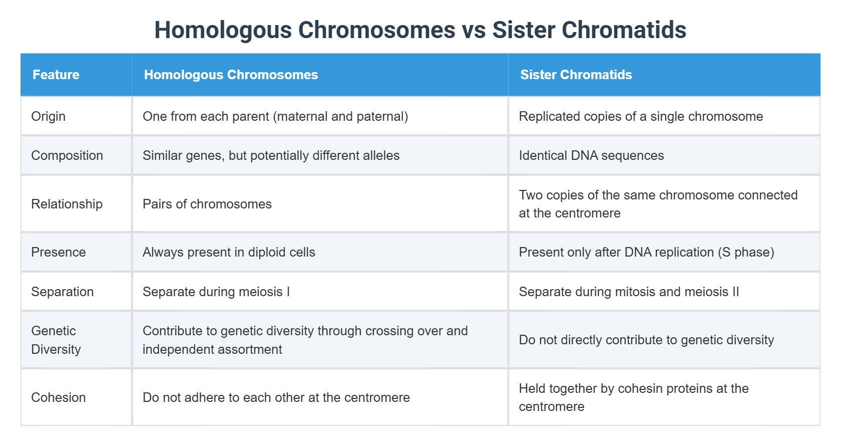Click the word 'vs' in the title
[474, 30]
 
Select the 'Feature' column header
[56, 75]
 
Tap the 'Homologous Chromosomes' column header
[231, 75]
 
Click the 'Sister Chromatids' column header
[576, 75]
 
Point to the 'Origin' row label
[48, 116]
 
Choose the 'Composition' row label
[67, 155]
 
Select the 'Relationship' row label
[67, 204]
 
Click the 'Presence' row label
[58, 252]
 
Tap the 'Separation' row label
[62, 292]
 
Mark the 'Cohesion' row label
[58, 397]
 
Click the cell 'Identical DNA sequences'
[591, 155]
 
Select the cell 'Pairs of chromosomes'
[207, 204]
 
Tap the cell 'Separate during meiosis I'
[216, 292]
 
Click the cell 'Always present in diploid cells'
[229, 252]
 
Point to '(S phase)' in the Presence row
[746, 252]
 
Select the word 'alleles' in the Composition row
[381, 155]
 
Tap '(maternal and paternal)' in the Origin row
[340, 116]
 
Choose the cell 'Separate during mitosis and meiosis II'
[629, 292]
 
